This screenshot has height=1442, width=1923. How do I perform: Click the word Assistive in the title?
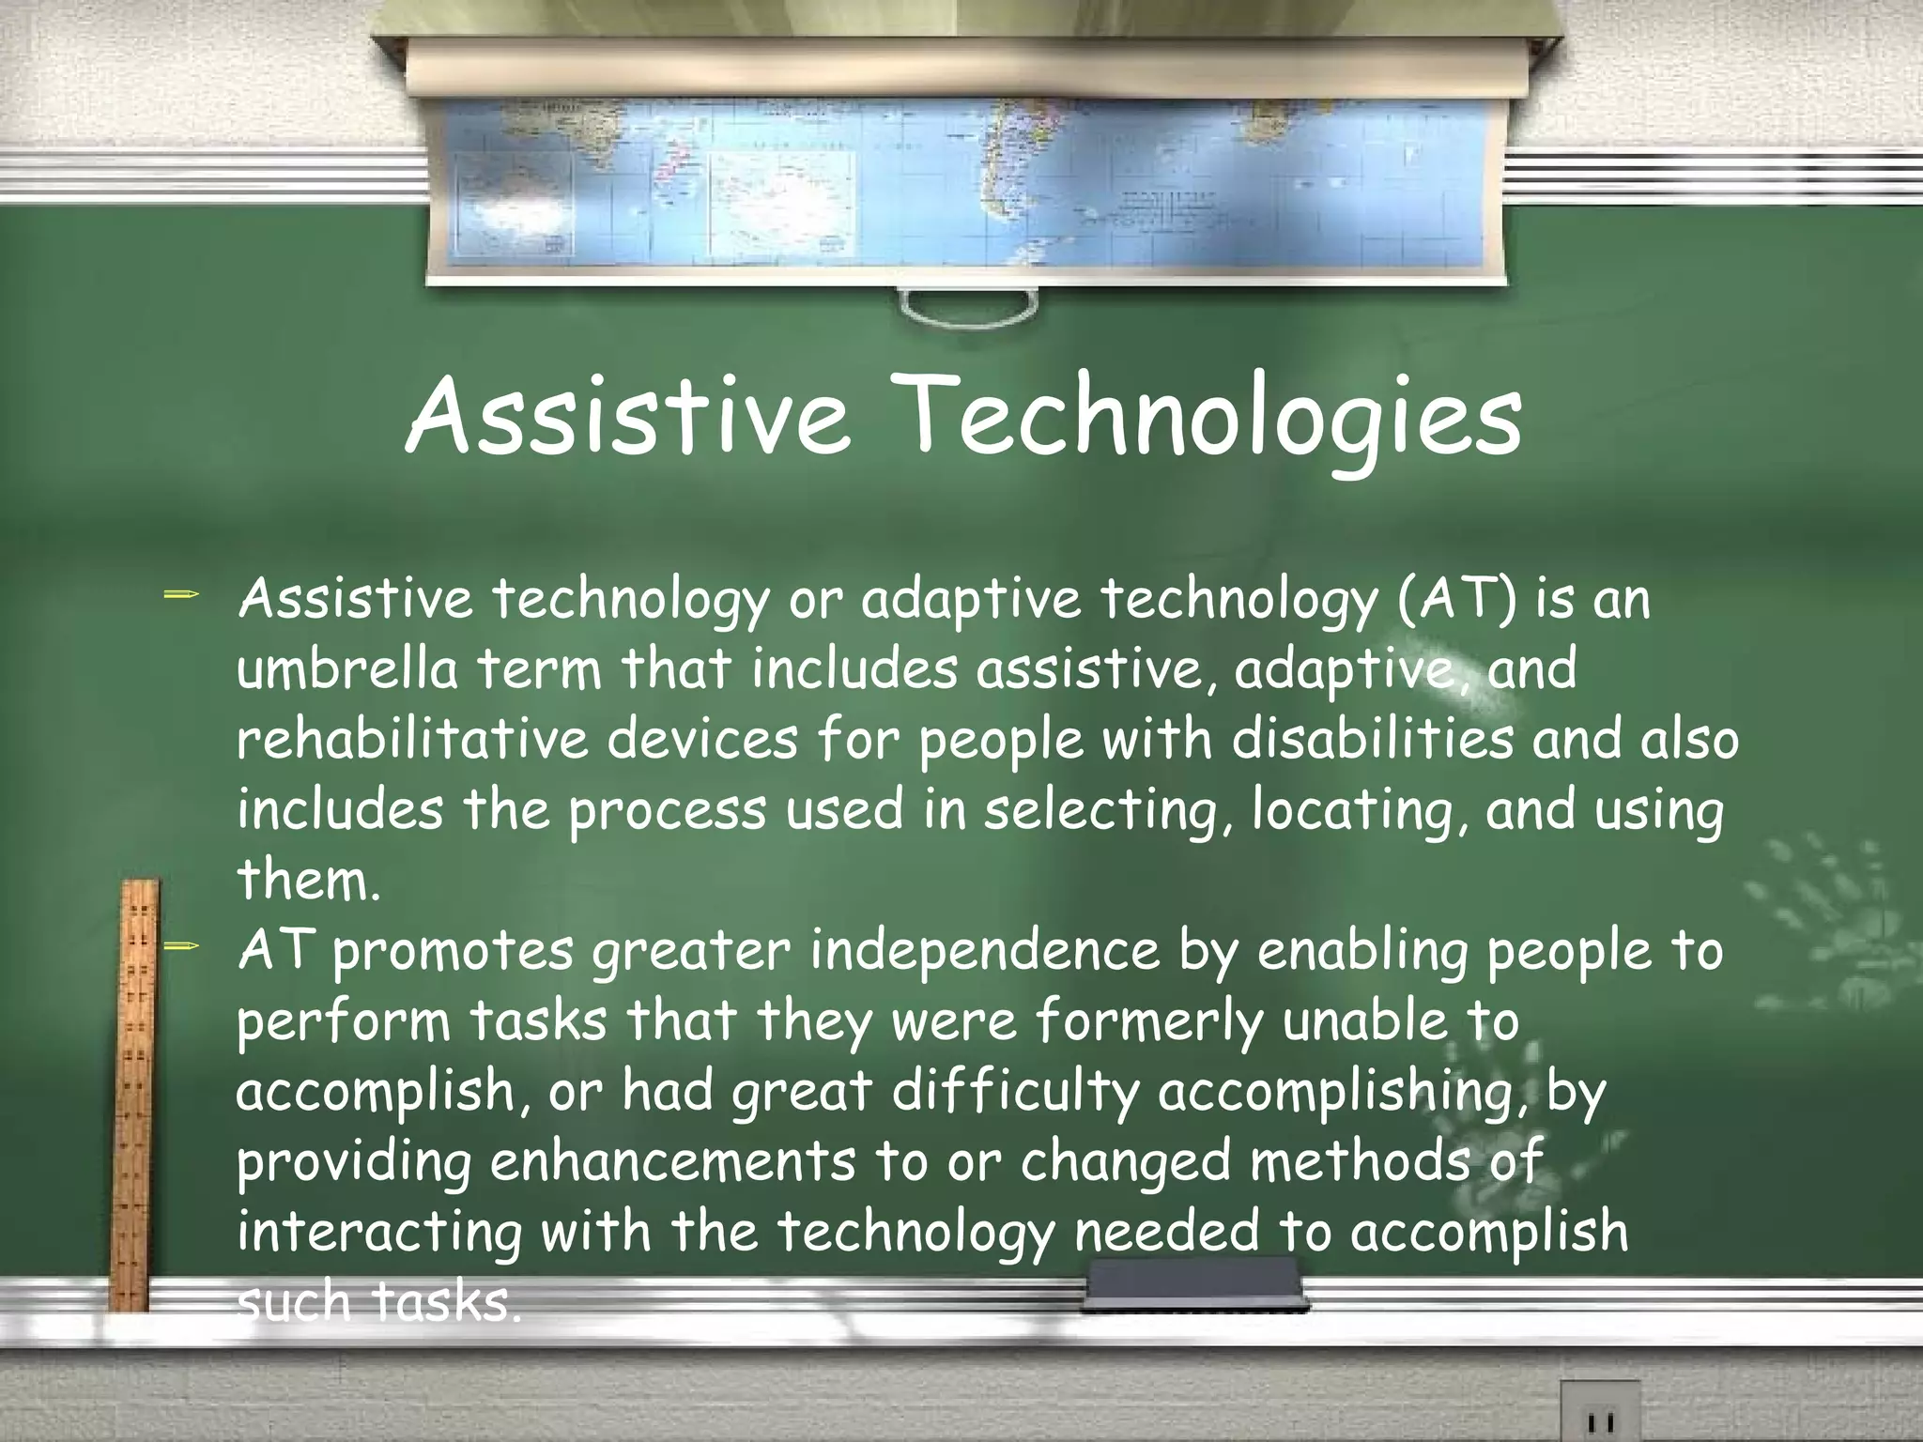click(x=627, y=415)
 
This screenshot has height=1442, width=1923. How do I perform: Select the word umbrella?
click(x=347, y=668)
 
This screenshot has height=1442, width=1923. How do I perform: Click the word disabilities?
click(x=1372, y=739)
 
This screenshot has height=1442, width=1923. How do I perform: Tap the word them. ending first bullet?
click(x=308, y=880)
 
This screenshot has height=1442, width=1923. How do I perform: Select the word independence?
click(x=984, y=950)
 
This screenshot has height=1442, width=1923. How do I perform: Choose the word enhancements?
click(x=672, y=1160)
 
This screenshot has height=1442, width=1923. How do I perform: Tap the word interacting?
click(x=378, y=1232)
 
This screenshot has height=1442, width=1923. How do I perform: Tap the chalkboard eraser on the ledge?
click(x=1194, y=1285)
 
